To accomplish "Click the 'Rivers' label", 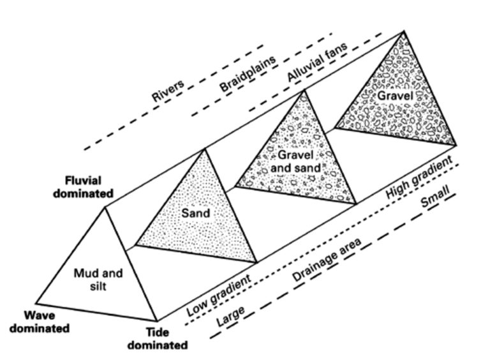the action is tap(168, 91).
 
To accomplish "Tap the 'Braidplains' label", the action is tap(248, 73).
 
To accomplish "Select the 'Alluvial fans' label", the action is tap(317, 61).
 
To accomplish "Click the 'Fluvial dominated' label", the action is tap(83, 187).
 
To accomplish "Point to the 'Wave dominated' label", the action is tap(40, 322).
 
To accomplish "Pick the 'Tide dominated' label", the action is tap(158, 339).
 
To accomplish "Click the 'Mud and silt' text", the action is tap(98, 280).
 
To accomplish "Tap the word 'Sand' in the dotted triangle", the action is tap(196, 213).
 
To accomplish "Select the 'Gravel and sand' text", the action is tap(295, 161).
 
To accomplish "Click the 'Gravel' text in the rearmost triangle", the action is tap(396, 96).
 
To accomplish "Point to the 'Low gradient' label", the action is tap(219, 295).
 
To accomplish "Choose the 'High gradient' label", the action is tap(419, 177).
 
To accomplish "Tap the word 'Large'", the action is tap(230, 316).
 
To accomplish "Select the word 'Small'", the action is tap(435, 197).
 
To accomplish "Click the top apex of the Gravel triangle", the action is tap(404, 31).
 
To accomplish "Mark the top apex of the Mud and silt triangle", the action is tap(105, 207).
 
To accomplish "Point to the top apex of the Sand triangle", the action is tap(204, 149).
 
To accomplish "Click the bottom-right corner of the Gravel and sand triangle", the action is tap(356, 204).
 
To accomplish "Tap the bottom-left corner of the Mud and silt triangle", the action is tap(36, 303).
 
